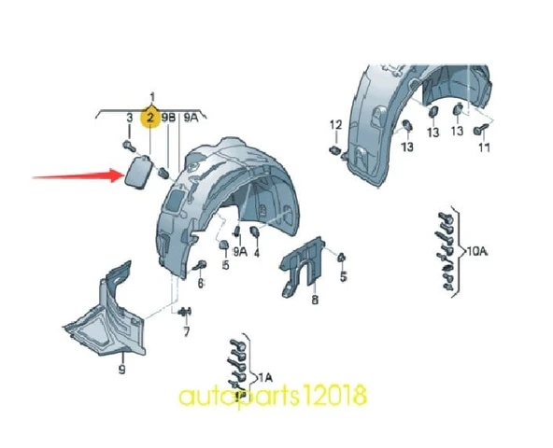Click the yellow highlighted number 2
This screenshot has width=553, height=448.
(x=150, y=117)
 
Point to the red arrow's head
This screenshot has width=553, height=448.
(x=117, y=175)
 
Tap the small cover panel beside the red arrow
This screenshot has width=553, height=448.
(x=138, y=173)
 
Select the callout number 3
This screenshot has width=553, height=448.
(x=130, y=118)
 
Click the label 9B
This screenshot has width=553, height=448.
(x=168, y=118)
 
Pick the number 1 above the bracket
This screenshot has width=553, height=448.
(x=152, y=97)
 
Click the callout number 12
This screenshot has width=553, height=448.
(x=336, y=125)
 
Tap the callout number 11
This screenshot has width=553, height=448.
(x=485, y=147)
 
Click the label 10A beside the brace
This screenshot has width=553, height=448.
(x=477, y=251)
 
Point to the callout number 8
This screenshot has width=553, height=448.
(x=315, y=300)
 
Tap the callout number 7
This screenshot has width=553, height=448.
(x=186, y=331)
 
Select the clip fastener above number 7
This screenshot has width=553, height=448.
(x=186, y=312)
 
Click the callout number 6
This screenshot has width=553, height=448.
(x=201, y=283)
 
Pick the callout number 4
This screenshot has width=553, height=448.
(x=257, y=252)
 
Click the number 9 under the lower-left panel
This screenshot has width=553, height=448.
(x=121, y=370)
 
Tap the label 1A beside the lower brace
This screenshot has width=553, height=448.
(x=265, y=378)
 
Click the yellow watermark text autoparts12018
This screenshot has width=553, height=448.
(x=273, y=396)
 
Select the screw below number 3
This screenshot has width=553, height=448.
(x=130, y=146)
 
